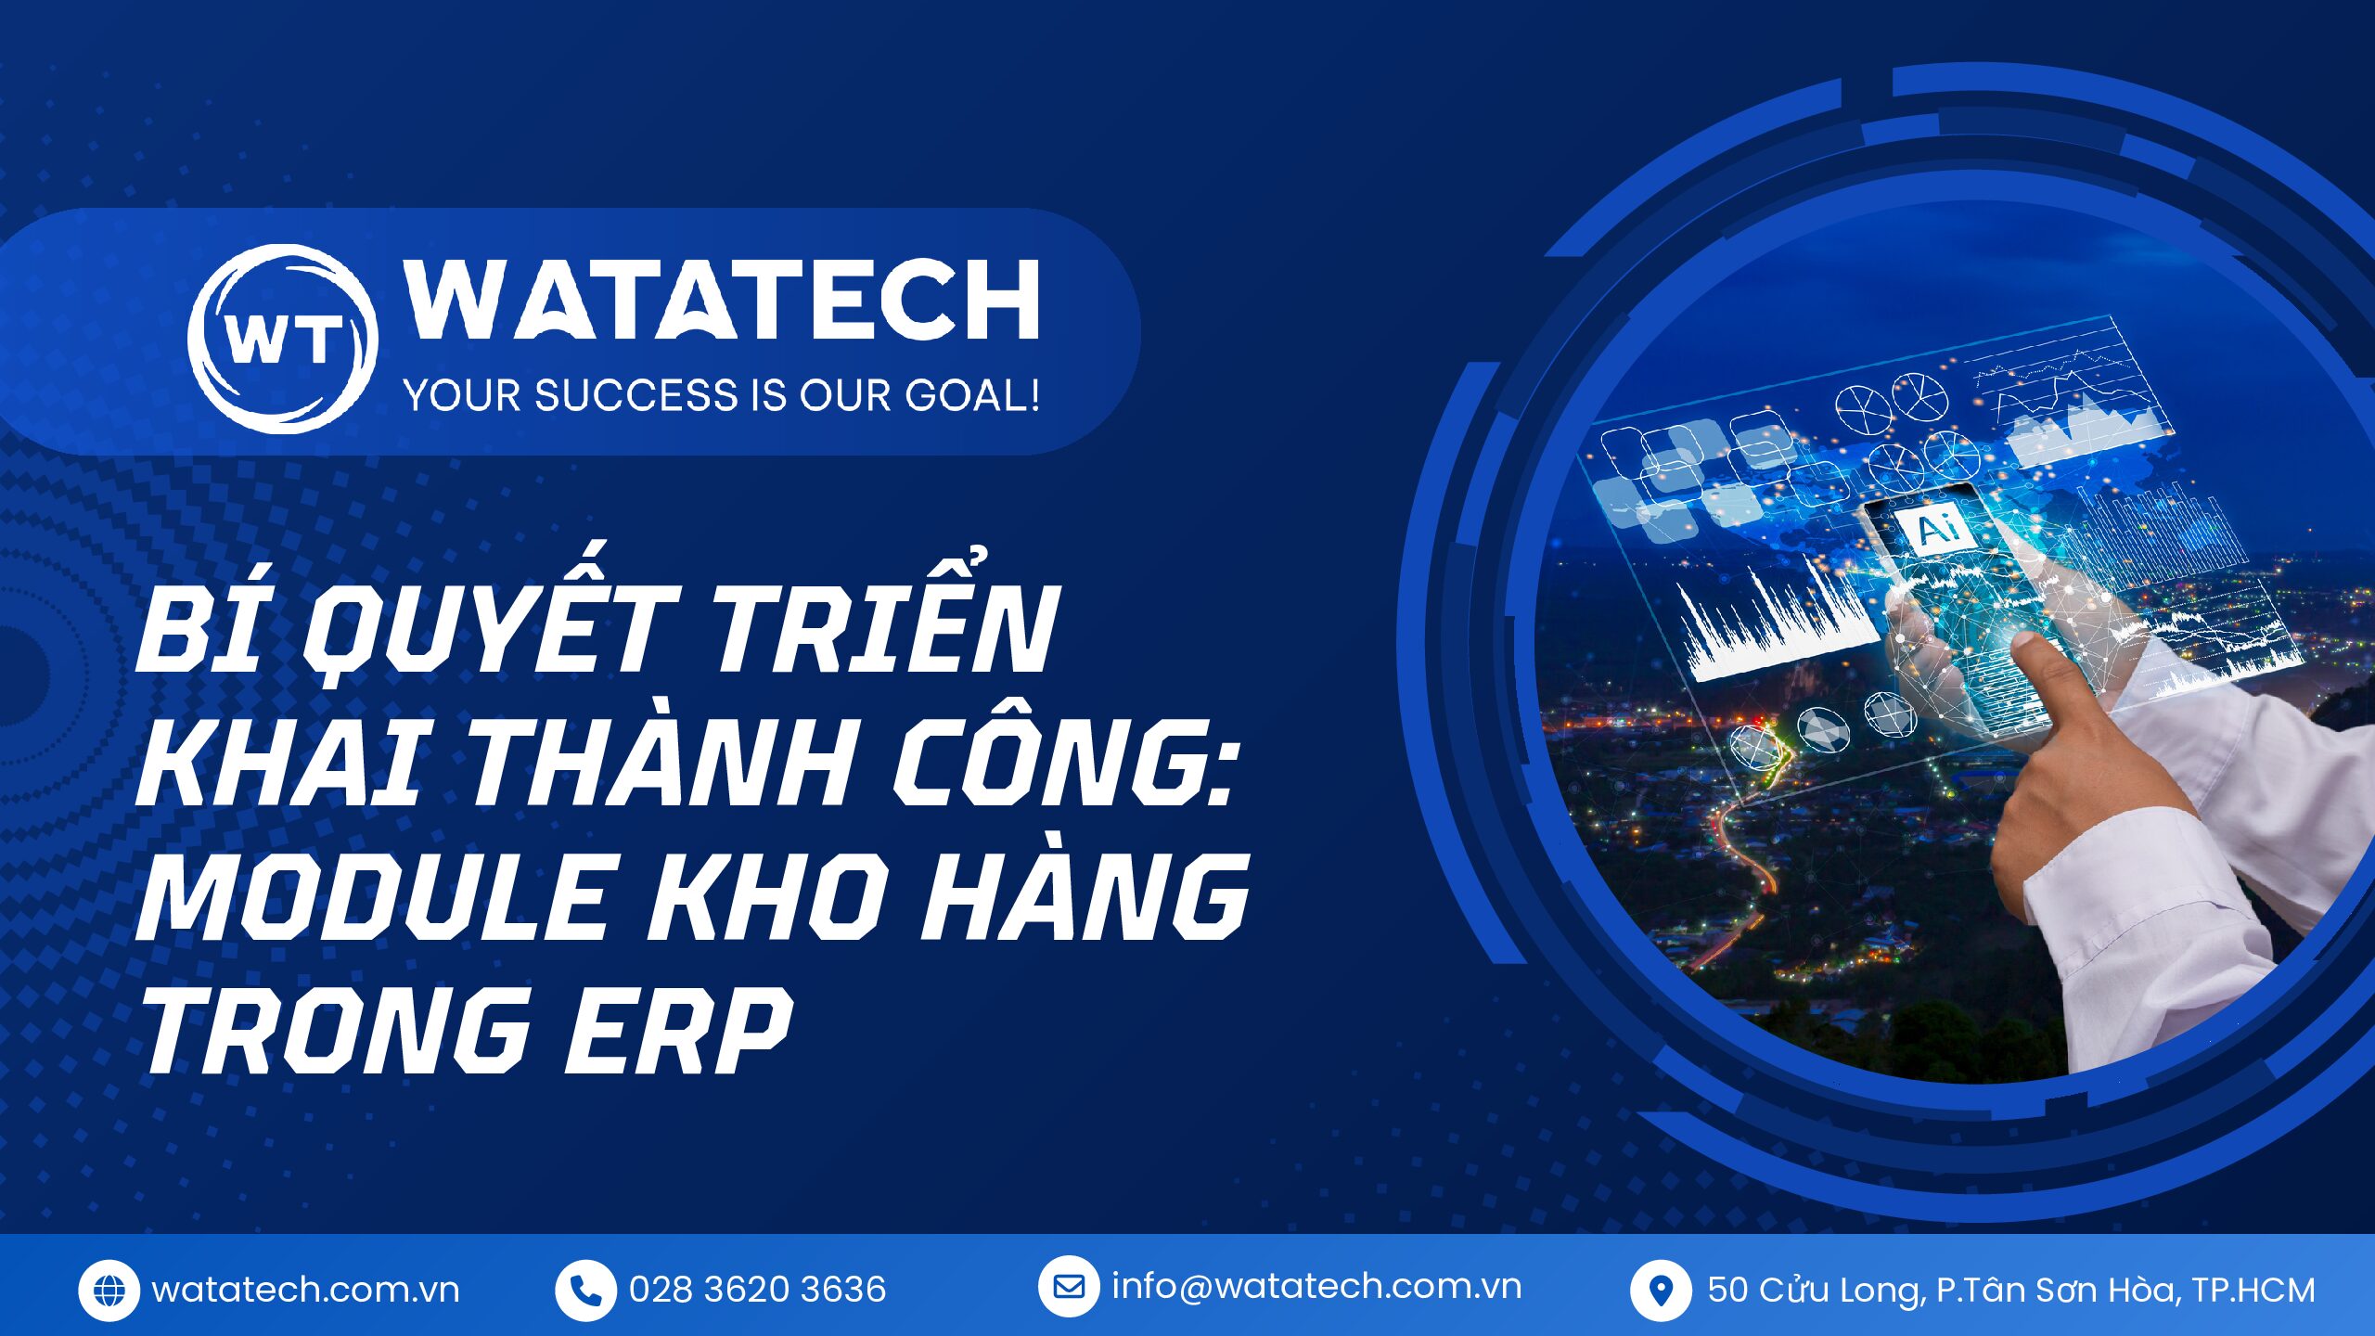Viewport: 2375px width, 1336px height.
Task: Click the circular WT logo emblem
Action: coord(283,339)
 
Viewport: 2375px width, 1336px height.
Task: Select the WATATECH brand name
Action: coord(722,300)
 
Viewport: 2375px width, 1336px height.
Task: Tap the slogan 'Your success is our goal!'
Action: coord(722,395)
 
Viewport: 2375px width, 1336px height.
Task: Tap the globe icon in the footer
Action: coord(109,1290)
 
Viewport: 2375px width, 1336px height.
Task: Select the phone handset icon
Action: coord(585,1290)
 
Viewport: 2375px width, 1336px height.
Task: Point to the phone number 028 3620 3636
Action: coord(757,1290)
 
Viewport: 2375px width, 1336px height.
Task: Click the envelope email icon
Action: coord(1069,1287)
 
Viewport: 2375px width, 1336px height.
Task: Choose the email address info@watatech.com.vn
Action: coord(1316,1287)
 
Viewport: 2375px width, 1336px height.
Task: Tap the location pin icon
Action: coord(1661,1291)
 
